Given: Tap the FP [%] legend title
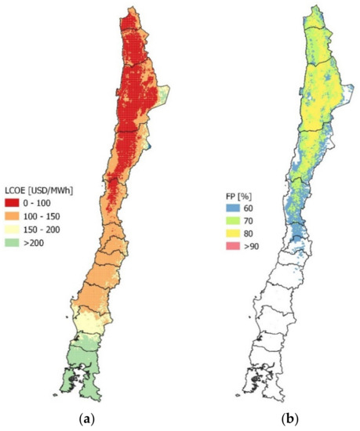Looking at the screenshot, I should (x=233, y=191).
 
